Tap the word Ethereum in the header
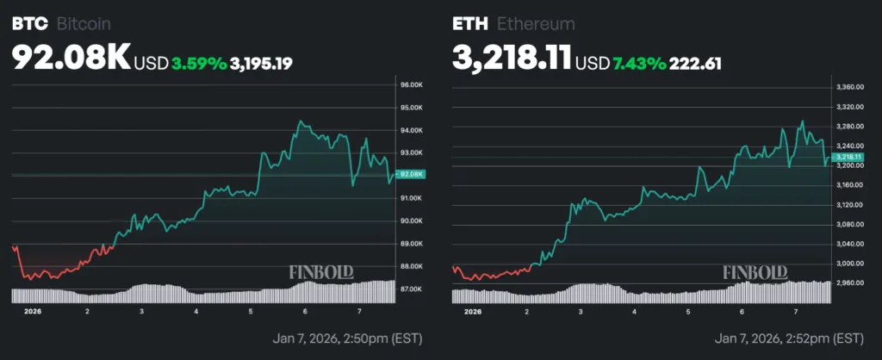tap(536, 23)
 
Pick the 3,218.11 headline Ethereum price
tap(512, 58)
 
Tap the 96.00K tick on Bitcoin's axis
tap(410, 85)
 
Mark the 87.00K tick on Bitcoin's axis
tap(410, 289)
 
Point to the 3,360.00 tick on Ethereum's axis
tap(849, 87)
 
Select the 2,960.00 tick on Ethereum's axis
tap(849, 282)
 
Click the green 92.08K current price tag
tap(411, 175)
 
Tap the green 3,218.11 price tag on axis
tap(848, 158)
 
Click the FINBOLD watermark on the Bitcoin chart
tap(321, 273)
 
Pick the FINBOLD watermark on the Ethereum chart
tap(755, 273)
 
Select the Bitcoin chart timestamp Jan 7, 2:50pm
tap(347, 338)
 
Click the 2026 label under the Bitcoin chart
tap(32, 311)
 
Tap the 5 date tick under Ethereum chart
tap(688, 311)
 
